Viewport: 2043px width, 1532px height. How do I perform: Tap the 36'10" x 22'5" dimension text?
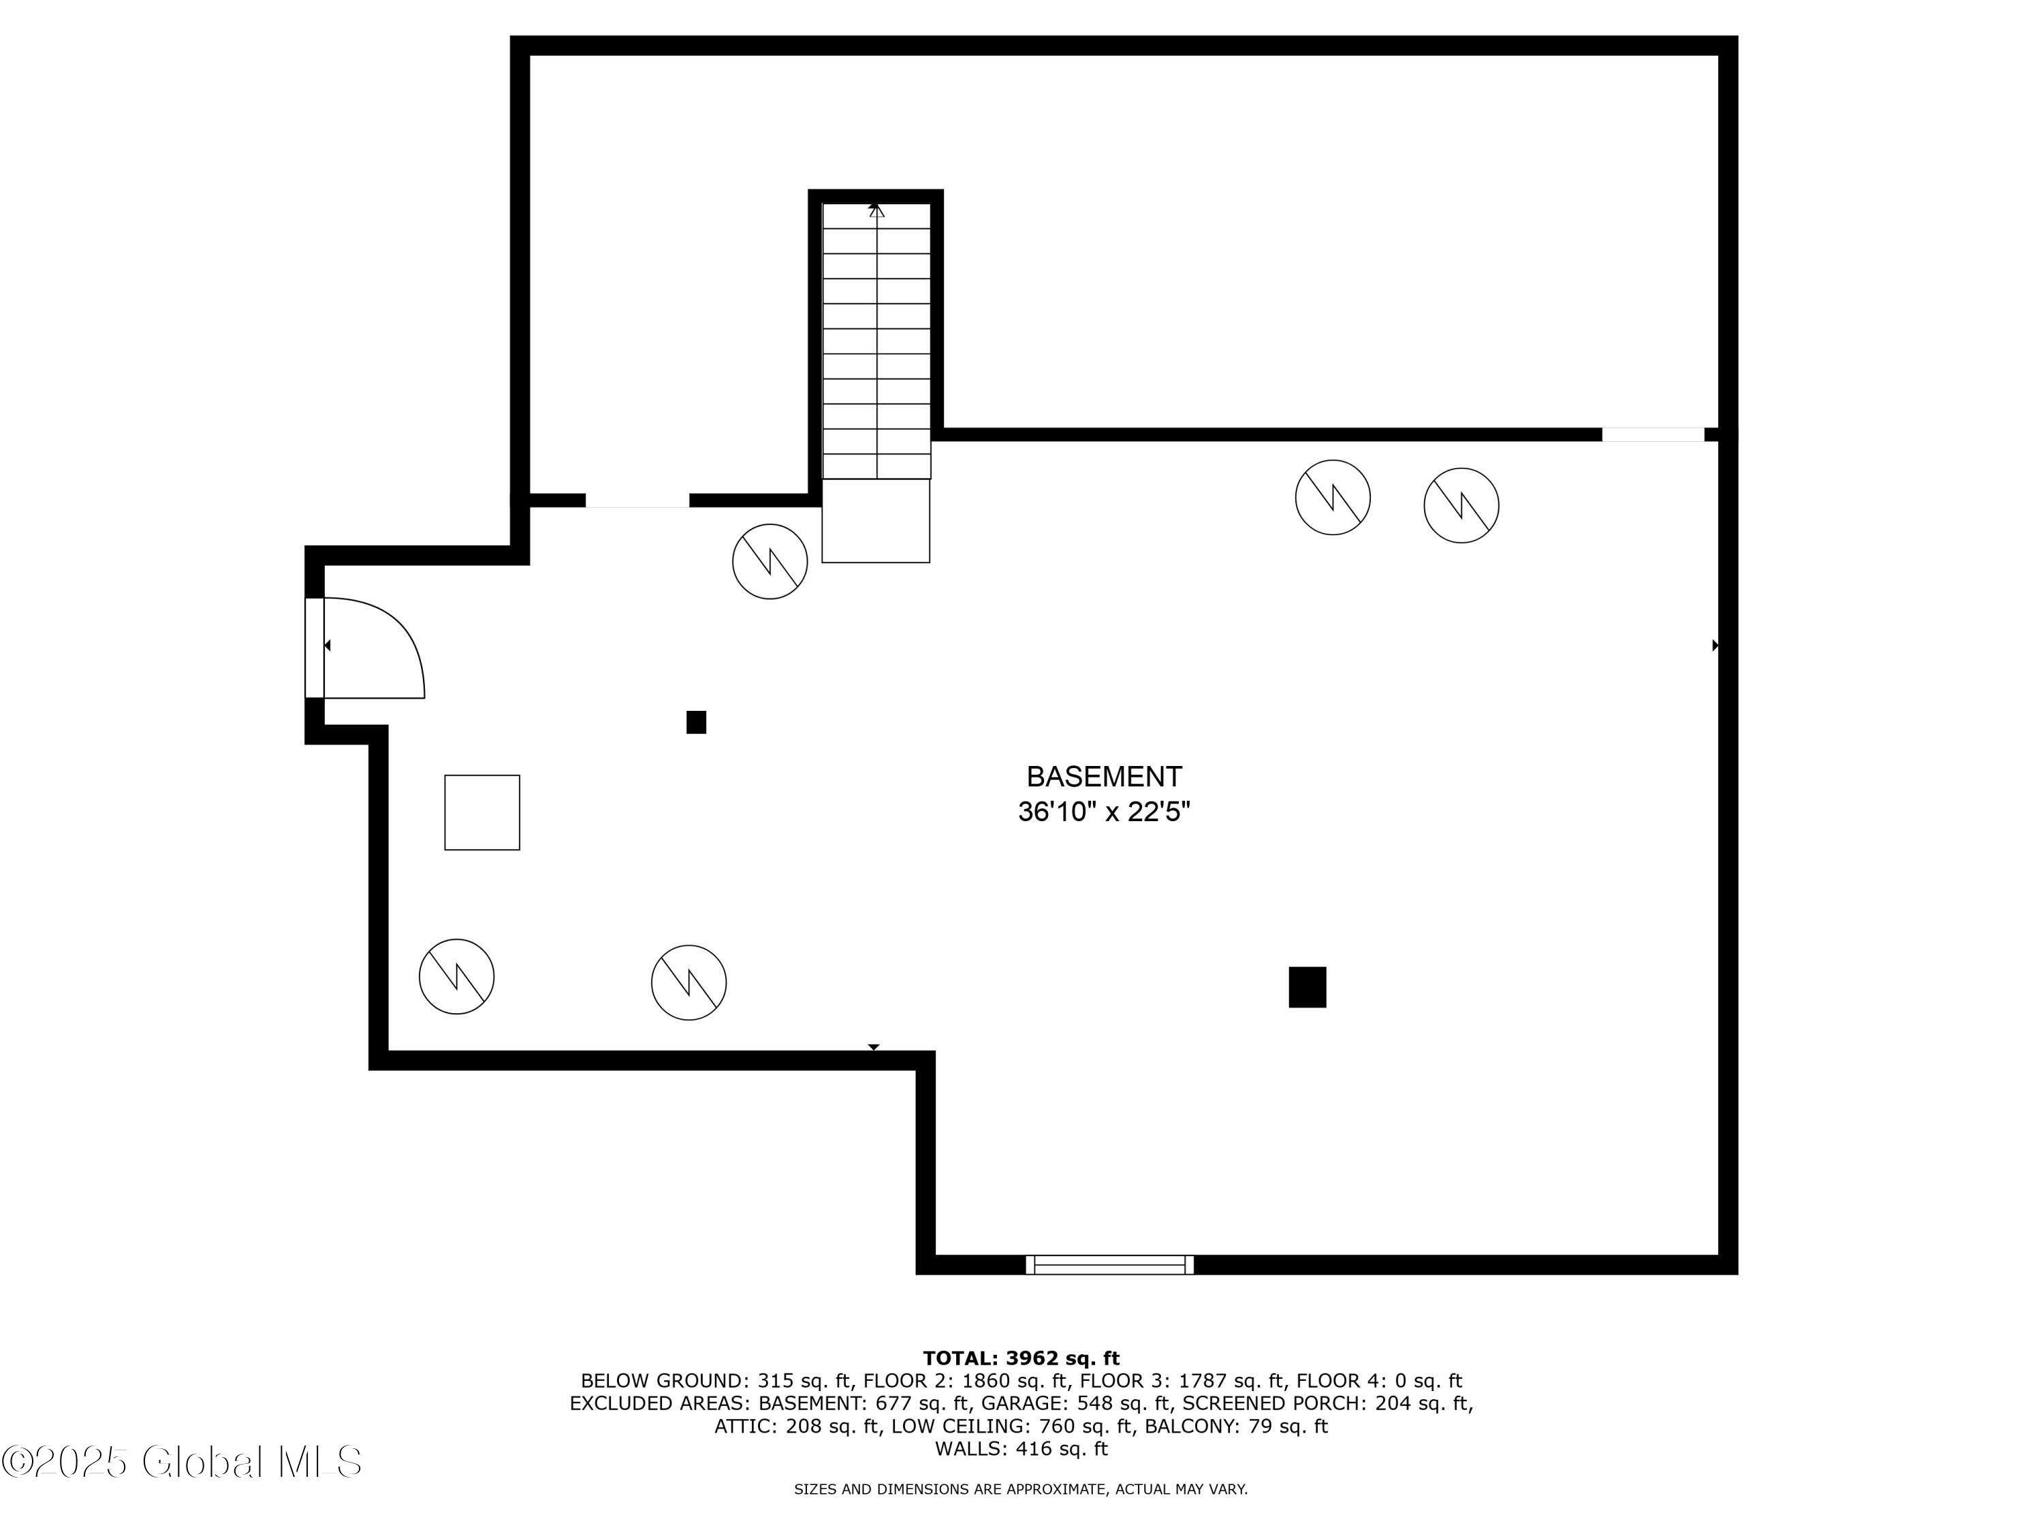pos(1104,812)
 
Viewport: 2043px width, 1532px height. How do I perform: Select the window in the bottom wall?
pos(1109,1264)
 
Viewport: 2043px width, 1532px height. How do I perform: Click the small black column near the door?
pos(697,722)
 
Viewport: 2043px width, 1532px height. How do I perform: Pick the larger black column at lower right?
pos(1307,987)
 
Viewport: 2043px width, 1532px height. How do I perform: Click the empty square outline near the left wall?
pos(482,812)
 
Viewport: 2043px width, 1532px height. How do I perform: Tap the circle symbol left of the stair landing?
pos(770,562)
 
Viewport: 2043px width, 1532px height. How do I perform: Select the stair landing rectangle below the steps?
pos(876,521)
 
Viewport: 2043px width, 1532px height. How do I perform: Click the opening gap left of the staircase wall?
pos(637,500)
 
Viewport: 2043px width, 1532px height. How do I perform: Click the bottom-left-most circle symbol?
pos(456,976)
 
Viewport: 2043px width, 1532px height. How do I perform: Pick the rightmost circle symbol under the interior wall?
pos(1461,505)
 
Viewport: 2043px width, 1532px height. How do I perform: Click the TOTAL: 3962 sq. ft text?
pos(1021,1358)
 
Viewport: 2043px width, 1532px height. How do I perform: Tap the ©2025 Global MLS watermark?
pos(182,1462)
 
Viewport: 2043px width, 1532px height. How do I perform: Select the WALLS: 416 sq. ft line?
pos(1021,1449)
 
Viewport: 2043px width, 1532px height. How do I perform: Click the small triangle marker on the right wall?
pos(1715,645)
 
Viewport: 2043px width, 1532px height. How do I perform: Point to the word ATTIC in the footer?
pos(742,1426)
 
